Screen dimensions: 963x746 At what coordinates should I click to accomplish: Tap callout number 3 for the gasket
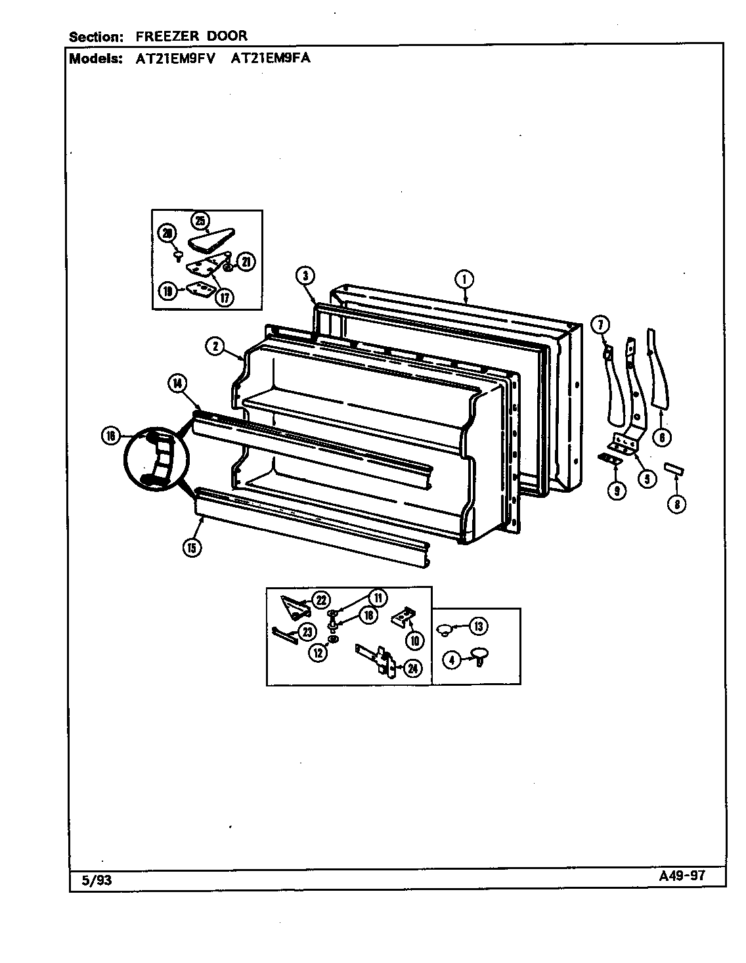(x=305, y=276)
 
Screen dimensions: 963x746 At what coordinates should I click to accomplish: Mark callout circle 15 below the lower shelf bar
(x=192, y=548)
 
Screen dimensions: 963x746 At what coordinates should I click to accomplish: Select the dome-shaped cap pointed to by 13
(x=445, y=629)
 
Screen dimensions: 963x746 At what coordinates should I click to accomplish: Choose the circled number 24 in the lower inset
(x=412, y=669)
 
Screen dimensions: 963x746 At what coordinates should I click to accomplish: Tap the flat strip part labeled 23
(x=284, y=633)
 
